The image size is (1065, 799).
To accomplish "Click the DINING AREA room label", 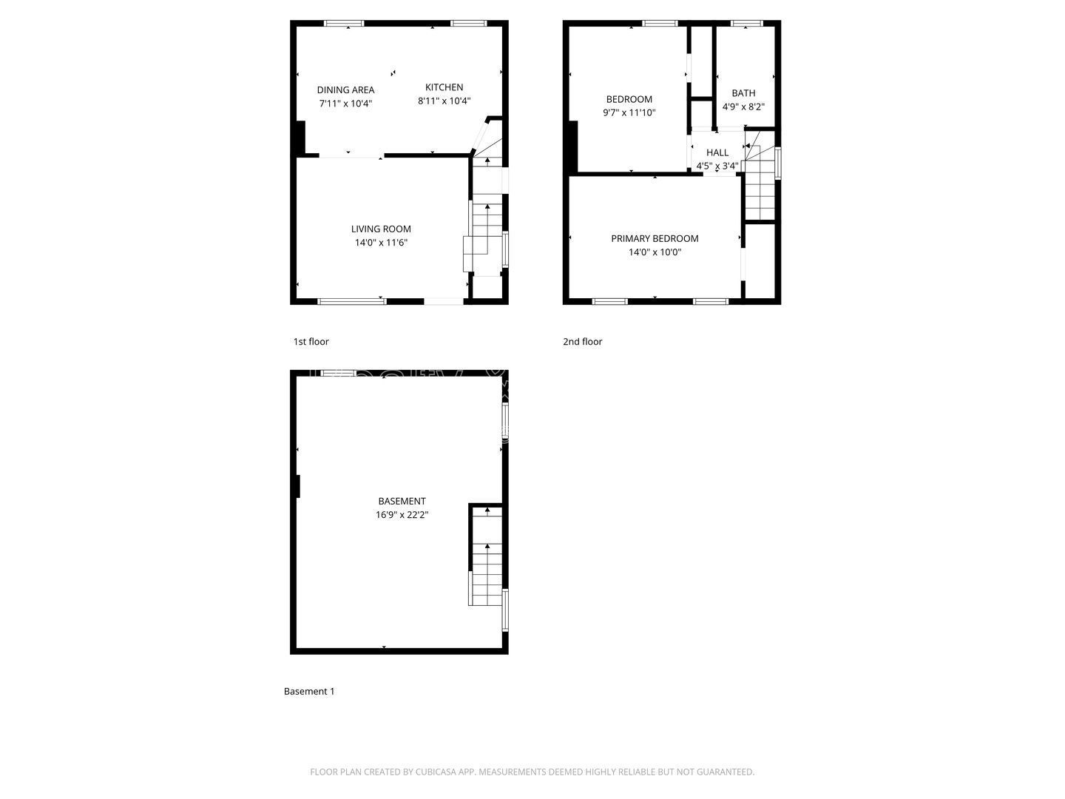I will [345, 90].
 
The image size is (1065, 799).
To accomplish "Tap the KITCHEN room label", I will [444, 87].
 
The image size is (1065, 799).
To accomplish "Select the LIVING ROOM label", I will [381, 229].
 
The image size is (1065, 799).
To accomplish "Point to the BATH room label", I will [743, 93].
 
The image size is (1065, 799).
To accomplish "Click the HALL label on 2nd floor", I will [717, 152].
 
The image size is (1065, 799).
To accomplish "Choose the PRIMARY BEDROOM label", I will [655, 238].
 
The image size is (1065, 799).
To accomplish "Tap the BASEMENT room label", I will [402, 501].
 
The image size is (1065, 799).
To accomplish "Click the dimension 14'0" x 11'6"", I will [381, 243].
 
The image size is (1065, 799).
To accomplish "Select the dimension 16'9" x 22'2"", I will [402, 515].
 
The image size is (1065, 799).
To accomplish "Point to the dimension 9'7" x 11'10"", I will [629, 113].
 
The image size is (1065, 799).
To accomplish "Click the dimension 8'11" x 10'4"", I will [444, 101].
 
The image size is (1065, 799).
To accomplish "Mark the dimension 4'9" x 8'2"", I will [743, 107].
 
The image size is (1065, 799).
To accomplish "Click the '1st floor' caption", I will [311, 341].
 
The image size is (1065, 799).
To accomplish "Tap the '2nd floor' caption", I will [583, 341].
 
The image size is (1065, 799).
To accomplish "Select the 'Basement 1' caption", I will [309, 691].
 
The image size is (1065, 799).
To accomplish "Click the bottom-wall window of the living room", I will [352, 301].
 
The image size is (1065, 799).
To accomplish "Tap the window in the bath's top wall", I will [746, 24].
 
